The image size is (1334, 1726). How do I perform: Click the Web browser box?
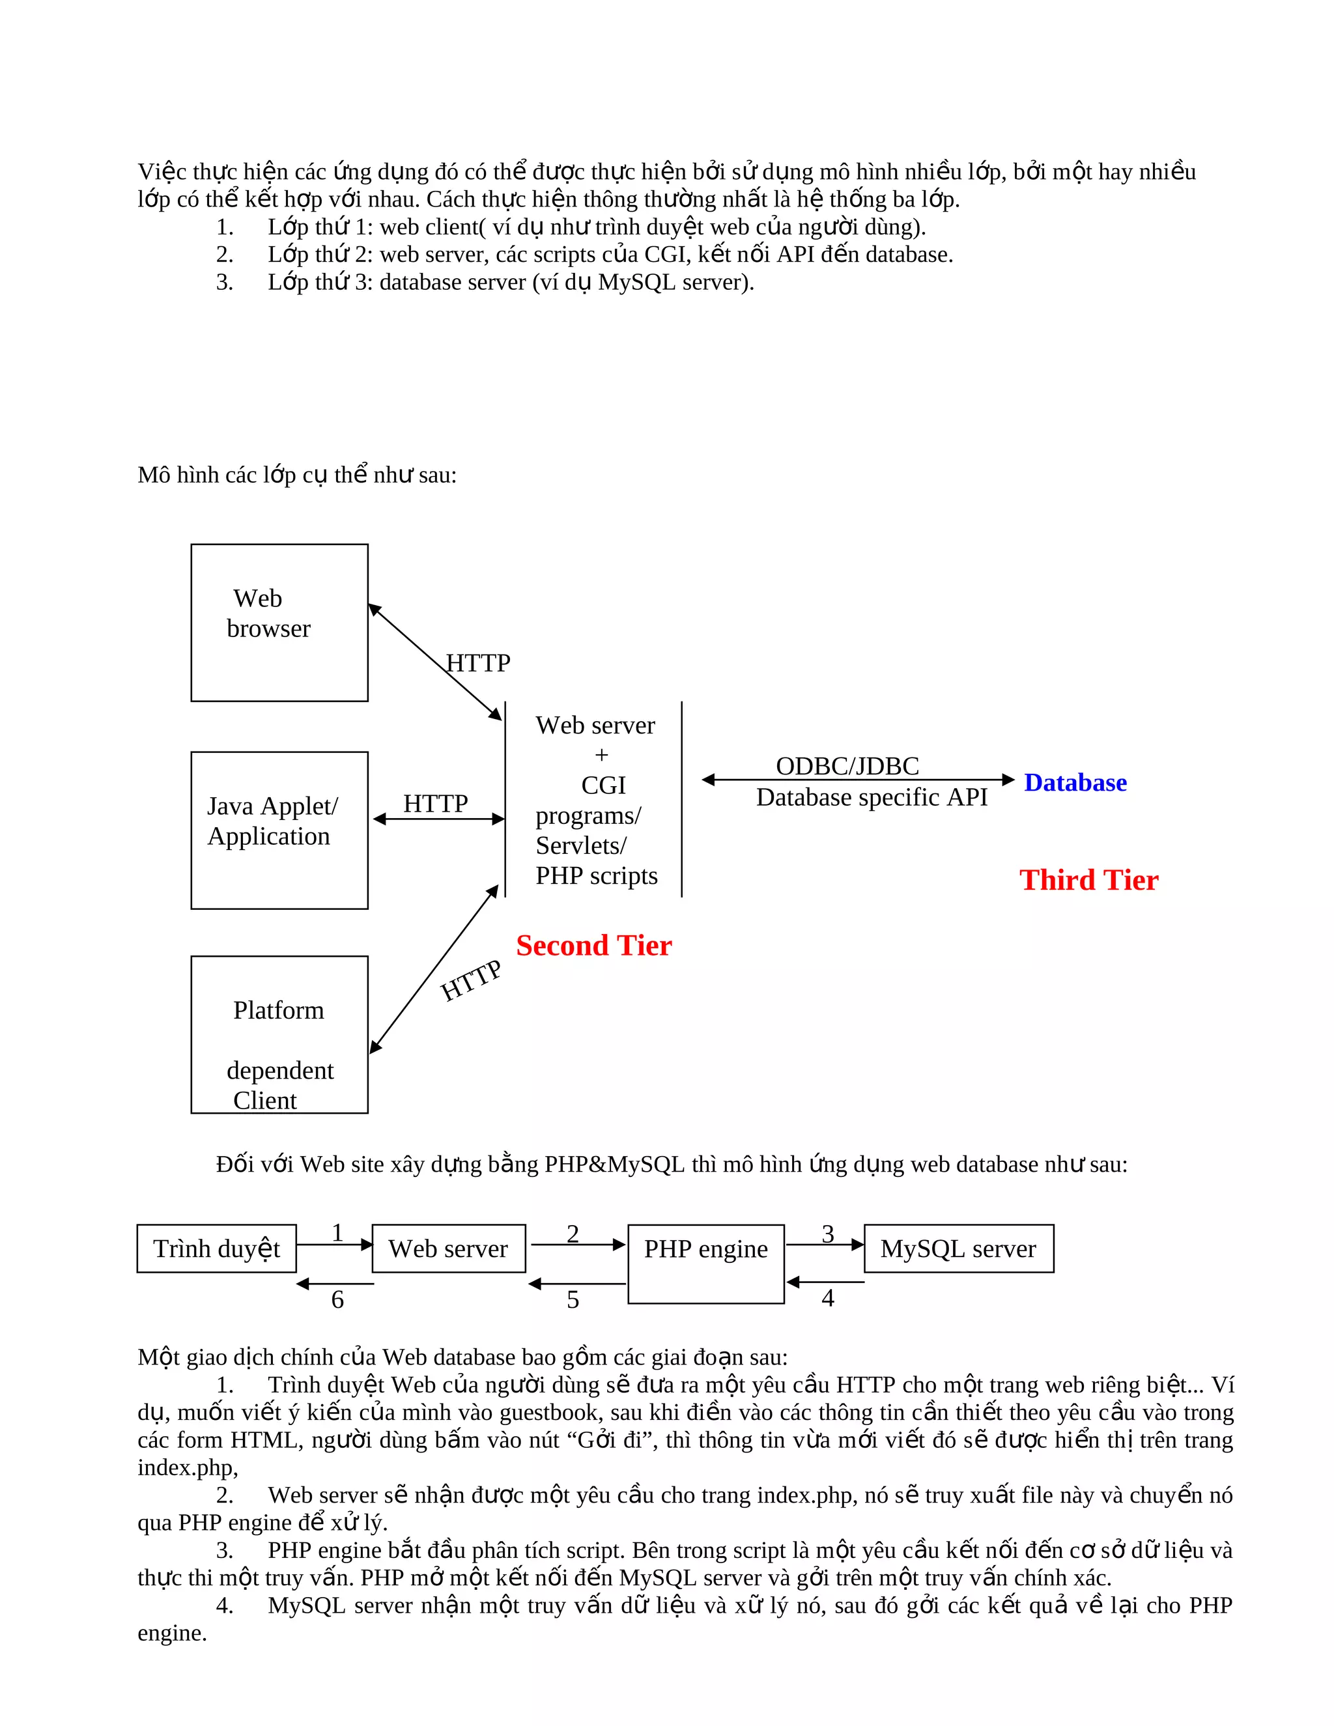coord(279,622)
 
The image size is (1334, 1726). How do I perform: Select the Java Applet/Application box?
coord(279,830)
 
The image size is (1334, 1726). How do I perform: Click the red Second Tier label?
coord(593,946)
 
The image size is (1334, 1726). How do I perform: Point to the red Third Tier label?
coord(1088,881)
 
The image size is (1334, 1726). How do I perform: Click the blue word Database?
coord(1075,782)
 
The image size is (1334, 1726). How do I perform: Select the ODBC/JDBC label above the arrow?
coord(847,766)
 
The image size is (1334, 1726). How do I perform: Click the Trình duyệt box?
coord(216,1249)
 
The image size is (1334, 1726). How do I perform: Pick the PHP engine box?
coord(705,1263)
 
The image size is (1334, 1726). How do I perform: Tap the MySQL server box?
coord(959,1249)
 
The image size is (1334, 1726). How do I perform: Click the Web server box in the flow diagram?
coord(448,1249)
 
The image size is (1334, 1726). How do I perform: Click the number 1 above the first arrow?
coord(337,1233)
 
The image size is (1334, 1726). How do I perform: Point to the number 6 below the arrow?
coord(337,1299)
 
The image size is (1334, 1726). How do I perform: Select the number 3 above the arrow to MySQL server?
coord(827,1234)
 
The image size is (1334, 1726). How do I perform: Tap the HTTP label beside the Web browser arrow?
coord(478,662)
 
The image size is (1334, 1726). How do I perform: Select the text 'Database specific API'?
coord(872,797)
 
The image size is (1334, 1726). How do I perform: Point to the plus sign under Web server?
coord(601,755)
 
